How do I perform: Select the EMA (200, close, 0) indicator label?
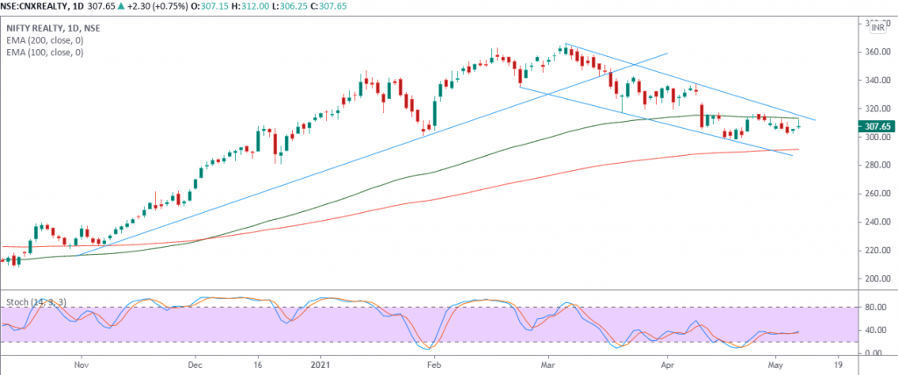(46, 39)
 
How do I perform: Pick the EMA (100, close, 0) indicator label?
(46, 53)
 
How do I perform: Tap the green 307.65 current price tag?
(877, 126)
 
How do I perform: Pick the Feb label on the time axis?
(431, 362)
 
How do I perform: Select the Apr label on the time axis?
(666, 362)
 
